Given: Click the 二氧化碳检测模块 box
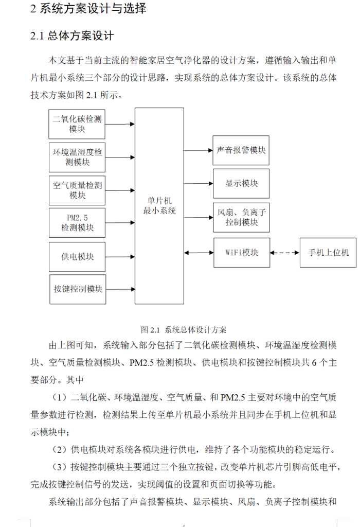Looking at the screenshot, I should click(x=77, y=124).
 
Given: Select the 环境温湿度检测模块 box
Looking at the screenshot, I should click(x=77, y=157).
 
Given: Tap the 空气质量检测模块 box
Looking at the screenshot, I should click(x=77, y=190).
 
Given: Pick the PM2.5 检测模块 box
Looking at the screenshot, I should click(x=77, y=223).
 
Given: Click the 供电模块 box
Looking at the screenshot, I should click(x=77, y=256).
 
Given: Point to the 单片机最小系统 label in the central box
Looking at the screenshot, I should click(x=159, y=206).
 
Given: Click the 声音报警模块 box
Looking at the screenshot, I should click(x=241, y=150).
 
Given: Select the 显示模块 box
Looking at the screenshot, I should click(x=241, y=183).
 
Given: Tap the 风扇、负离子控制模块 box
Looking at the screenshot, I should click(x=241, y=217).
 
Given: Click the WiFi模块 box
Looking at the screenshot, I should click(x=241, y=252).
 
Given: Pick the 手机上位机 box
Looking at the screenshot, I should click(x=328, y=252).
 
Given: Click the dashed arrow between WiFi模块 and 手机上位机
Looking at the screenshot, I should click(x=284, y=253).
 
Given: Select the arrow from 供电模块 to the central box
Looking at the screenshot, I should click(x=120, y=256).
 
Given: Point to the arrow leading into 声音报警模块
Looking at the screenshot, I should click(x=198, y=150).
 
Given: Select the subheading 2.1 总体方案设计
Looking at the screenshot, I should click(x=72, y=36).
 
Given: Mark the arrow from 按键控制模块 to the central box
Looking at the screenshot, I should click(x=120, y=289).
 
